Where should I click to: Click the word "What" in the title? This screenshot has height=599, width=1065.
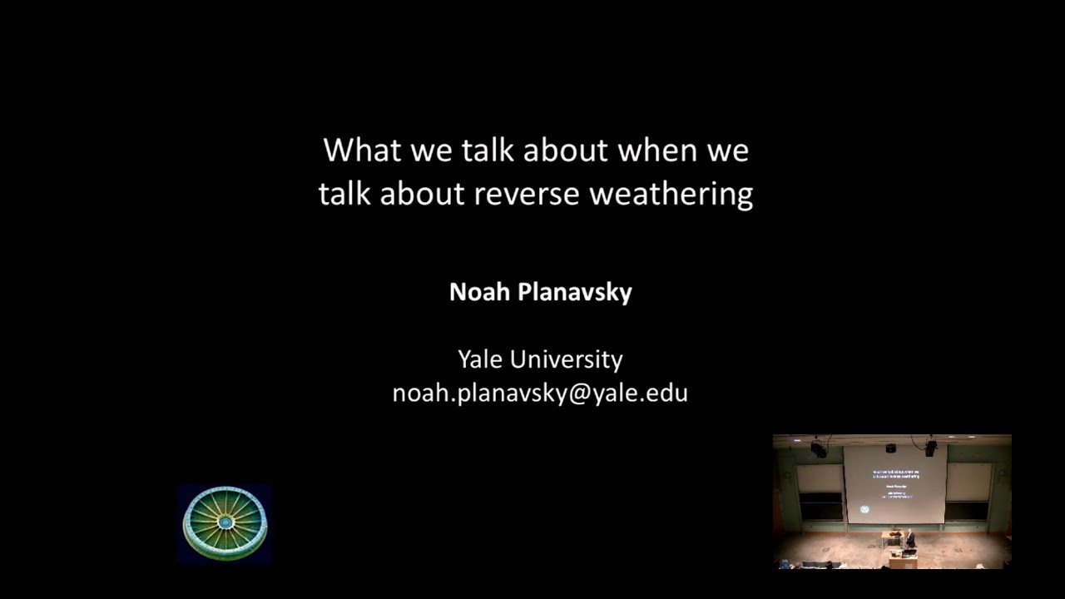point(351,151)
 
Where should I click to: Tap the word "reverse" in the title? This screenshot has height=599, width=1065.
point(528,194)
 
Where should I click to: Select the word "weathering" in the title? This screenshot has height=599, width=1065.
point(671,194)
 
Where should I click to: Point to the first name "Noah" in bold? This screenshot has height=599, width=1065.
point(478,292)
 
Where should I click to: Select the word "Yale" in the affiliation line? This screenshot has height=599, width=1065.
point(480,359)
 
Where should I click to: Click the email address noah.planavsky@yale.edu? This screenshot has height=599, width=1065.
point(540,393)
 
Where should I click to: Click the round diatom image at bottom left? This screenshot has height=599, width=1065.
point(225,523)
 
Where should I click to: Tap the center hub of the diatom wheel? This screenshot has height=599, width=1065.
point(225,522)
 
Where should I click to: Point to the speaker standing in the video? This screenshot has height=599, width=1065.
point(911,540)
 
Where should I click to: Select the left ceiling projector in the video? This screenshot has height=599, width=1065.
point(819,448)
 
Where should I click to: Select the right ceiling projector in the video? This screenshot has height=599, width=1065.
point(930,448)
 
